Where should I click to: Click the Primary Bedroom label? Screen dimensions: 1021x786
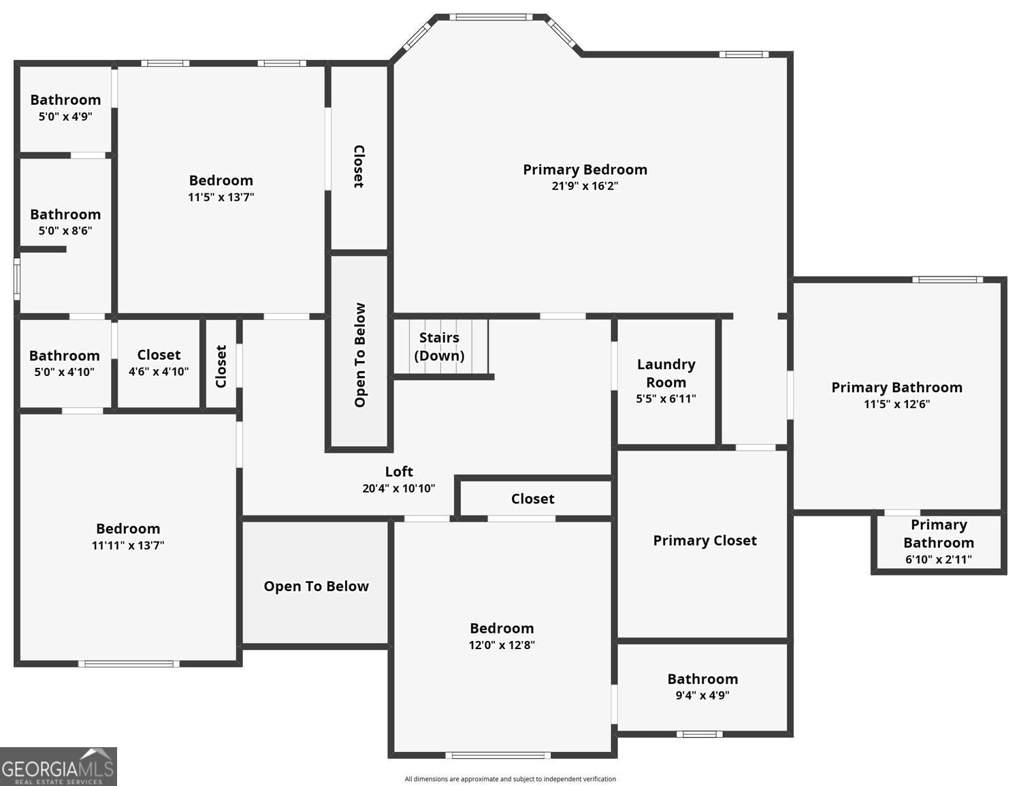point(585,169)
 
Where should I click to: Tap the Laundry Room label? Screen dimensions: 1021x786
point(666,373)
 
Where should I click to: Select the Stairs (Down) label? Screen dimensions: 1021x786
point(439,347)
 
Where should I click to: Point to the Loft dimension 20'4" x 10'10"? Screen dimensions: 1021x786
point(399,488)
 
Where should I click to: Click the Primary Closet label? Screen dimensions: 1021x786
point(704,541)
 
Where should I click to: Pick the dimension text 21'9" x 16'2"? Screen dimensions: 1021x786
point(585,186)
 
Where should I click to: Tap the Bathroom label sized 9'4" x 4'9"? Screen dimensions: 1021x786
point(703,679)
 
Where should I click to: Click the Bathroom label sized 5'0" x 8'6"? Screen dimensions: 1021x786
point(65,215)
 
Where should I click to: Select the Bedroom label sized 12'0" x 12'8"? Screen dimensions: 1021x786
point(502,628)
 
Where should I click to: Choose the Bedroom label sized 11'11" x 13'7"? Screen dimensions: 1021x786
point(128,529)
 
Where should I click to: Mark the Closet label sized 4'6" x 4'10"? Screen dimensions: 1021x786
point(159,354)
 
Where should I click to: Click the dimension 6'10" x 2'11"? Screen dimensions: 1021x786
point(939,559)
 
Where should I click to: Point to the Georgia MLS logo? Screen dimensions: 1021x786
point(59,766)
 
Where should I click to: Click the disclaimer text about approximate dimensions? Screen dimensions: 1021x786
point(510,779)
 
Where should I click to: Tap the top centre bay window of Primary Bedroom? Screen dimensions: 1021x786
point(491,18)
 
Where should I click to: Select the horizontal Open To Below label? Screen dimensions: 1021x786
point(317,586)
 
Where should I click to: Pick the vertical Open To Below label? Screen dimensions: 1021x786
point(360,355)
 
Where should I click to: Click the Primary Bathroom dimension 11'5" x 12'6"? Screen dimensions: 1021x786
point(897,404)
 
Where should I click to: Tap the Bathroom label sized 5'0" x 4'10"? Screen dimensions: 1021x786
point(65,356)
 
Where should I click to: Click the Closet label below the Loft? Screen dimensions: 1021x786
point(533,499)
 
